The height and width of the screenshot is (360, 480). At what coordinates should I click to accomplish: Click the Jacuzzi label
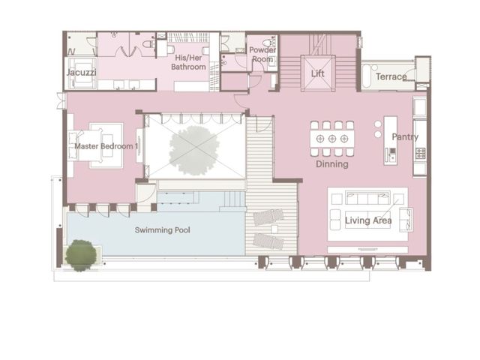click(x=82, y=73)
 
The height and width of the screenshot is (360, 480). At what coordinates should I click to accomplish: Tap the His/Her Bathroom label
click(x=188, y=62)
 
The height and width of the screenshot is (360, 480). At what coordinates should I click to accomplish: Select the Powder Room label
click(x=262, y=54)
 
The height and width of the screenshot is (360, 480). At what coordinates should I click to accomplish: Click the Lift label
click(x=317, y=73)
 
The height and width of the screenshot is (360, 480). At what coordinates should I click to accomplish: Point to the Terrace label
click(x=391, y=76)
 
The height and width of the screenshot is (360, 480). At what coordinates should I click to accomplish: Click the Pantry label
click(x=405, y=136)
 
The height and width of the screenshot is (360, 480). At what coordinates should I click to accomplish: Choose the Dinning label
click(x=332, y=164)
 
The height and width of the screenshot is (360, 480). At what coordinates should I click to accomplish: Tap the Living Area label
click(x=368, y=220)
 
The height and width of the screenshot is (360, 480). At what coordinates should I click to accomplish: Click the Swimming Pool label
click(x=163, y=230)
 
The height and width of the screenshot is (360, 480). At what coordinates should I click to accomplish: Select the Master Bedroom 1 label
click(x=106, y=146)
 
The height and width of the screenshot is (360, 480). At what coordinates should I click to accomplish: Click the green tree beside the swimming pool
click(x=81, y=255)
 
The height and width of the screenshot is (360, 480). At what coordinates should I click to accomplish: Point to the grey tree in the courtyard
click(x=194, y=150)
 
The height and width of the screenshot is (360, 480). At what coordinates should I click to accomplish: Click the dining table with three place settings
click(x=332, y=139)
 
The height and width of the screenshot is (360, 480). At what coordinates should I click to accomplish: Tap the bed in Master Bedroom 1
click(x=85, y=145)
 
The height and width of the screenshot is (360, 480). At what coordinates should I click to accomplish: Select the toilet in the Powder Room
click(x=270, y=42)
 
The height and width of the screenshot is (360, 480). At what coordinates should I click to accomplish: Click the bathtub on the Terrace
click(x=367, y=76)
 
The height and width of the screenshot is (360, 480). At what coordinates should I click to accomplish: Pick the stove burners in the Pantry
click(x=420, y=153)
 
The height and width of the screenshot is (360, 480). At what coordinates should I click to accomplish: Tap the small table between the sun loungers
click(x=274, y=229)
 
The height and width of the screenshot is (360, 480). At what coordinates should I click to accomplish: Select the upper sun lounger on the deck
click(x=268, y=217)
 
